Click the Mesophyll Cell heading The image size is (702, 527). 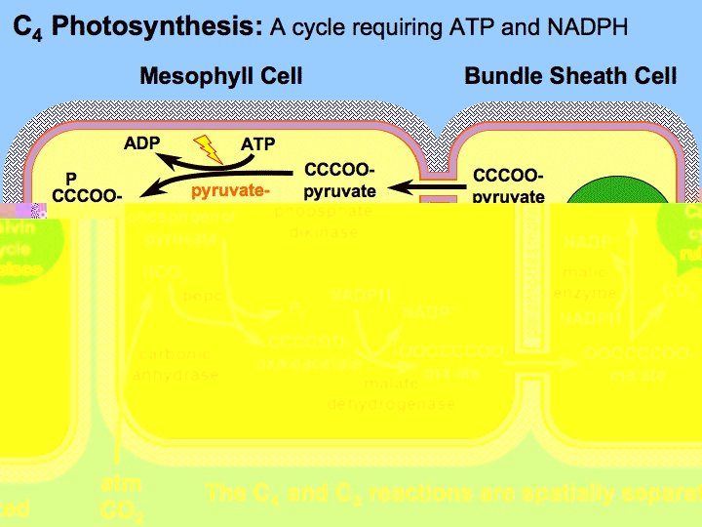pos(221,76)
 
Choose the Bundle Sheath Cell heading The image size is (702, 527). pos(570,76)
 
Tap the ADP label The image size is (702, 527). pos(142,144)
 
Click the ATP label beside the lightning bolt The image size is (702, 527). pos(258,144)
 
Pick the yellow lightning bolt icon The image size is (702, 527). pos(209,148)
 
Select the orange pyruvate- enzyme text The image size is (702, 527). pos(230,190)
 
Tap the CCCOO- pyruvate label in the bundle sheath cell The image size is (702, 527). pos(508,185)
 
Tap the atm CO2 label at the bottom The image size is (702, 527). pos(121,498)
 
